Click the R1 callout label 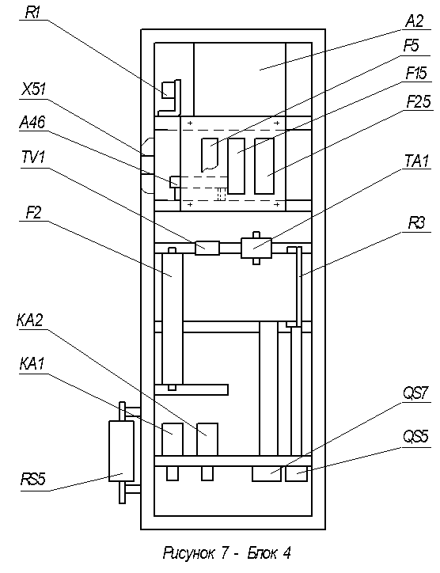point(32,13)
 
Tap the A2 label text point(415,21)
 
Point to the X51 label point(33,89)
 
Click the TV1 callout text point(33,158)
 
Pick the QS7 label point(415,393)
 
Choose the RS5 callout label point(33,479)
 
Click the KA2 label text point(30,320)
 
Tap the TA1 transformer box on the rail point(256,249)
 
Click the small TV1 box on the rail point(207,248)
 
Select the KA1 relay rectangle point(173,439)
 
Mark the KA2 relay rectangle point(207,439)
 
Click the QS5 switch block point(297,473)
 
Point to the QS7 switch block point(267,473)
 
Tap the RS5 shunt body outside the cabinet point(122,451)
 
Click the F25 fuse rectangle point(264,166)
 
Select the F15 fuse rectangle point(236,166)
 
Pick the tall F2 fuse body point(173,318)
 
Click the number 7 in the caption point(225,553)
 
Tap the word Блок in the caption point(261,553)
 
